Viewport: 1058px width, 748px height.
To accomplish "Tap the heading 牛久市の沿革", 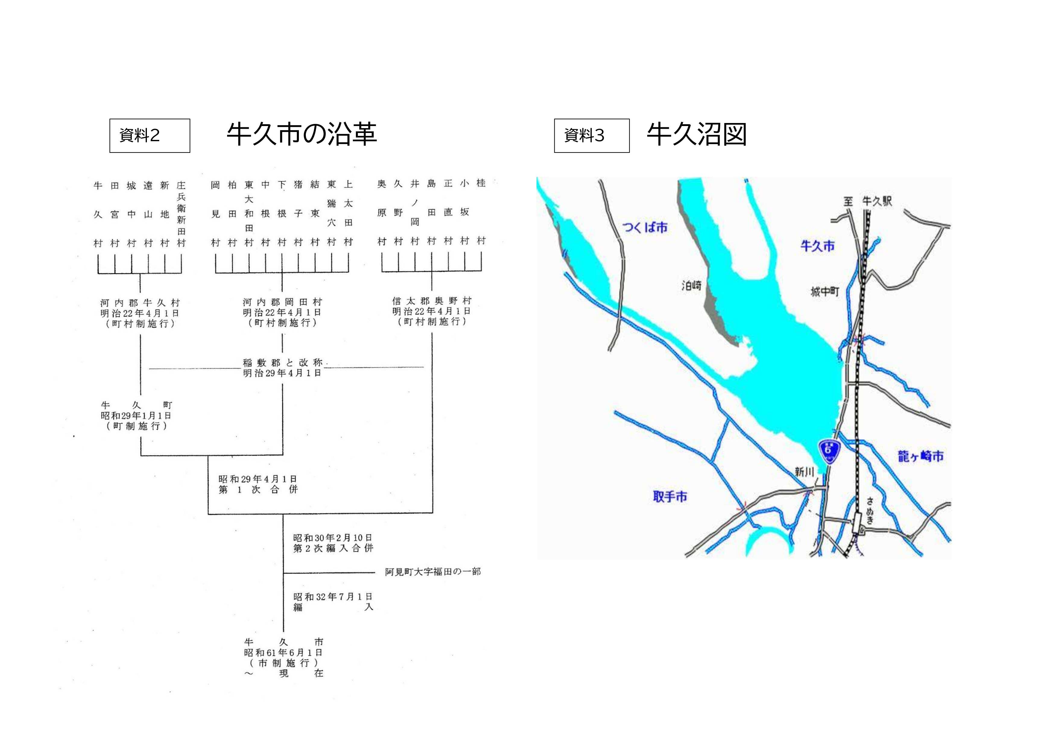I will pyautogui.click(x=302, y=134).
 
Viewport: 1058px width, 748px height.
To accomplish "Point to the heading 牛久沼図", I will pyautogui.click(x=696, y=134).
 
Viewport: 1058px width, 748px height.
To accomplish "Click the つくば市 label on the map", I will pyautogui.click(x=645, y=227).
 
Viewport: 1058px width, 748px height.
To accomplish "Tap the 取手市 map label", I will pyautogui.click(x=670, y=496).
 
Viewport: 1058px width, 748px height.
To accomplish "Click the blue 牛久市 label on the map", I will pyautogui.click(x=817, y=246).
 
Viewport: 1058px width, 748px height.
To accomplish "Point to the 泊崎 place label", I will pyautogui.click(x=691, y=286).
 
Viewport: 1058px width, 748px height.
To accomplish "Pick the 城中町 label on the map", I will pyautogui.click(x=825, y=291).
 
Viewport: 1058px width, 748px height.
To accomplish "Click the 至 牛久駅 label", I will pyautogui.click(x=868, y=201).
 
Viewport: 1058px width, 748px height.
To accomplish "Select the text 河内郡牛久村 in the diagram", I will pyautogui.click(x=140, y=303).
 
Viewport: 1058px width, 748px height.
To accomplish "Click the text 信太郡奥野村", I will pyautogui.click(x=432, y=301).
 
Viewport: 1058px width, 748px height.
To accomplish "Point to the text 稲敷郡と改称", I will pyautogui.click(x=283, y=362).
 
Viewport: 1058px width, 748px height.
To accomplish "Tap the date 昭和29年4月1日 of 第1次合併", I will pyautogui.click(x=258, y=479).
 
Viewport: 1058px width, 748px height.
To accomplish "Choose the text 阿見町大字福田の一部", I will pyautogui.click(x=433, y=572).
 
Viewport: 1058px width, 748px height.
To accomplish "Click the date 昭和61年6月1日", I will pyautogui.click(x=283, y=652).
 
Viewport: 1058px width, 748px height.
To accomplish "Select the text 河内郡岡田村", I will pyautogui.click(x=283, y=302).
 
